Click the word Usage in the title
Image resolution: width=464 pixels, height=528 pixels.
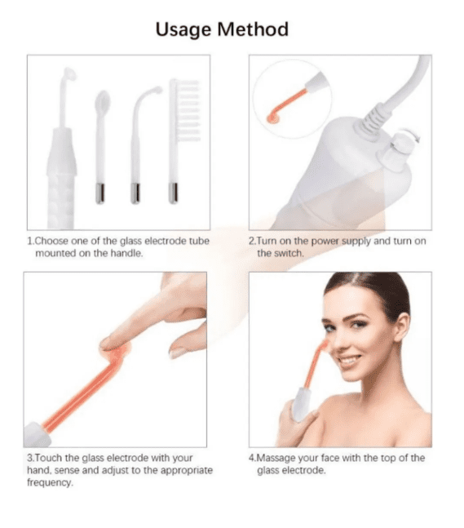pos(183,30)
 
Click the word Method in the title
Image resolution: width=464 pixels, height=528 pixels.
pos(253,29)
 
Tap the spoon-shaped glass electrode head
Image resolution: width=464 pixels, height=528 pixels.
pos(103,102)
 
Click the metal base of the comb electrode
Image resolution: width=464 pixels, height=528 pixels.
pos(173,193)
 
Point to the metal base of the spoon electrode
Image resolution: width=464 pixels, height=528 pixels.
pos(100,193)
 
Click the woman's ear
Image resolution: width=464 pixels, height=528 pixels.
pos(402,326)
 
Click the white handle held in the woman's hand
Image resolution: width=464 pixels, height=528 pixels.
pos(301,403)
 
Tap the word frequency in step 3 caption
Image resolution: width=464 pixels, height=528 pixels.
pos(50,482)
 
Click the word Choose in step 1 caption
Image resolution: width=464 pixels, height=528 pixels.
pos(51,241)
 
